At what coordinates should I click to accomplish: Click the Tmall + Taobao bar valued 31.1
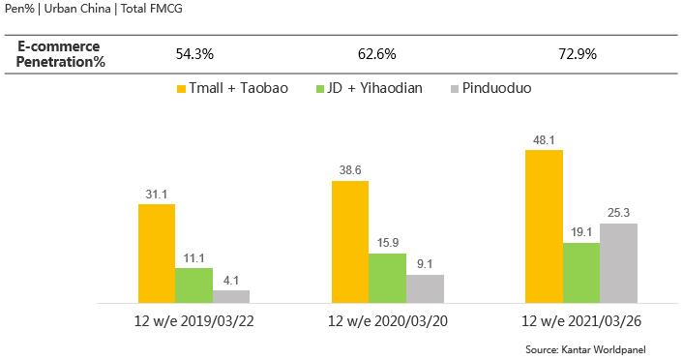click(x=157, y=254)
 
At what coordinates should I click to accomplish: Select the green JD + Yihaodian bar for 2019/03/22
click(x=193, y=285)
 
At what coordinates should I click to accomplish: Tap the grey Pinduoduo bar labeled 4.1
click(x=231, y=297)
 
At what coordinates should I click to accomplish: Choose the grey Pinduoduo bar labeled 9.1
click(x=425, y=289)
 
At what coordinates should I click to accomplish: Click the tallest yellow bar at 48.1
click(x=544, y=226)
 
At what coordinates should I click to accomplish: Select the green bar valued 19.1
click(x=580, y=273)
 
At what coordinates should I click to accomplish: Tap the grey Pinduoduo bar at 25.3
click(x=618, y=263)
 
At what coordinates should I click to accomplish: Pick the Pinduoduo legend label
click(x=496, y=89)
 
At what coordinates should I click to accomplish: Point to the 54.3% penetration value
click(x=196, y=54)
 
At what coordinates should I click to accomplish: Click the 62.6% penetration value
click(x=374, y=54)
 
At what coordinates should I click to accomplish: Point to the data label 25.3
click(x=618, y=213)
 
